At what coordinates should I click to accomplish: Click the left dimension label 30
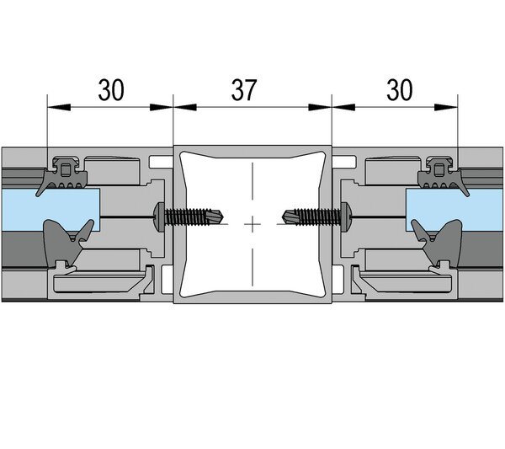tap(111, 89)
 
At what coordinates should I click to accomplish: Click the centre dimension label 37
tap(244, 89)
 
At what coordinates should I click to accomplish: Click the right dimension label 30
tap(399, 89)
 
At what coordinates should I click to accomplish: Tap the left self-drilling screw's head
tap(160, 216)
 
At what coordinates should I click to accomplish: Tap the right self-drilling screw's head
tap(345, 216)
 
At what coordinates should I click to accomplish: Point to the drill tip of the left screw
tap(224, 216)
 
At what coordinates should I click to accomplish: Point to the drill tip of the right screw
tap(283, 216)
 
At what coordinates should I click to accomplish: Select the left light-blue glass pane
tap(50, 210)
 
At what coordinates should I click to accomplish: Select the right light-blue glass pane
tap(454, 210)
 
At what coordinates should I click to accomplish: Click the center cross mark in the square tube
tap(252, 224)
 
